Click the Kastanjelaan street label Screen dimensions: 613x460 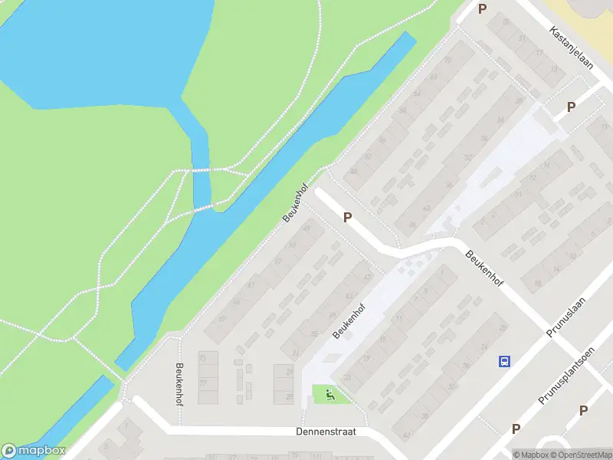tap(572, 47)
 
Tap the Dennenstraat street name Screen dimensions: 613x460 tap(326, 432)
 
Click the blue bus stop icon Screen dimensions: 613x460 tap(504, 361)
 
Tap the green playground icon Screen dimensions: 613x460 tap(330, 396)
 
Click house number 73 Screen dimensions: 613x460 tap(203, 358)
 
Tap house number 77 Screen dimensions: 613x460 tap(203, 382)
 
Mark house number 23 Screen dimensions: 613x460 tap(347, 377)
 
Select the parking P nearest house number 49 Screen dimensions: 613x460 tap(347, 218)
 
